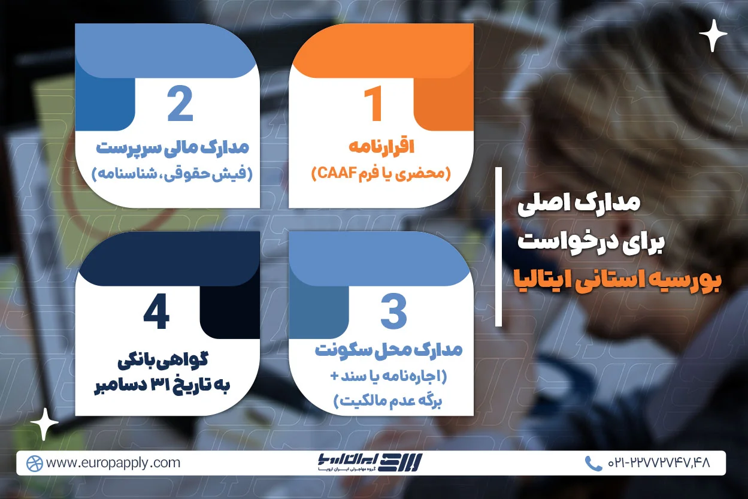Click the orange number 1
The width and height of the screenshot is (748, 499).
(x=373, y=104)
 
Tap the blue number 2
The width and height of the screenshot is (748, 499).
(x=180, y=104)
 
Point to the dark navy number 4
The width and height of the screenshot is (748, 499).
(x=156, y=313)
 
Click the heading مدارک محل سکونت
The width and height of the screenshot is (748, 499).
(x=389, y=351)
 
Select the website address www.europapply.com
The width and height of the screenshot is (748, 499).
(x=113, y=463)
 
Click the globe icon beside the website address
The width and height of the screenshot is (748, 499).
(x=35, y=463)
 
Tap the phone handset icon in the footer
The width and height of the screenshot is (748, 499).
(x=593, y=463)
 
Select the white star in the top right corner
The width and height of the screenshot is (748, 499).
(x=713, y=35)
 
